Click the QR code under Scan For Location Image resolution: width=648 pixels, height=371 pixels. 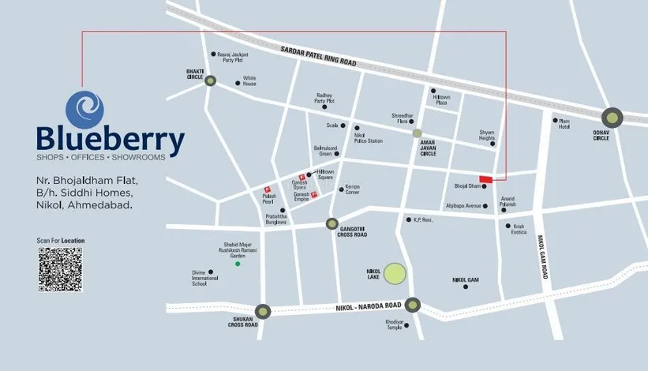point(60,270)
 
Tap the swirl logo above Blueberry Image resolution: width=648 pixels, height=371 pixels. point(85,107)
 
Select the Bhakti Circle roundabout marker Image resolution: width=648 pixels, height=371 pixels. point(210,81)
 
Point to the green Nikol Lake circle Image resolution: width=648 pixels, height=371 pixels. point(395,274)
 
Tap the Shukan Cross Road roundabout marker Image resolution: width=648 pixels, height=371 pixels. point(263,311)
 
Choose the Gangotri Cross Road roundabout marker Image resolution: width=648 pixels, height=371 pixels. point(332,223)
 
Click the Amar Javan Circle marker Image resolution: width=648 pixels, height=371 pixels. point(417,133)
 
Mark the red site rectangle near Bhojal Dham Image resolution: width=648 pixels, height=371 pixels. point(486,179)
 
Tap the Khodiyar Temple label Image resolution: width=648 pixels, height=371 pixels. point(395,324)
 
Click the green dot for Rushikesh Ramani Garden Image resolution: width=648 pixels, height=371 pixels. point(238,263)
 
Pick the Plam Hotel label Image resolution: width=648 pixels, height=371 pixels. point(564,124)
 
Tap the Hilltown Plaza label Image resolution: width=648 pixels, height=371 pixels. point(442,100)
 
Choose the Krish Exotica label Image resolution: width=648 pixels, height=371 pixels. point(518,230)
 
